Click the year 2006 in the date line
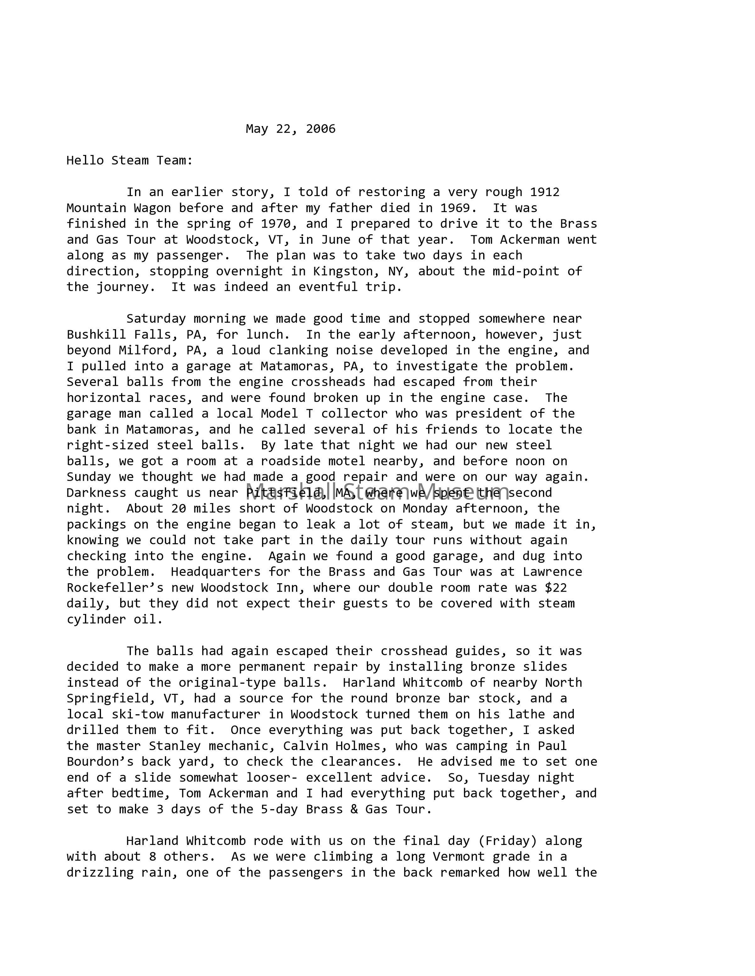point(320,129)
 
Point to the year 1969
point(455,208)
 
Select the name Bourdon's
point(100,761)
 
